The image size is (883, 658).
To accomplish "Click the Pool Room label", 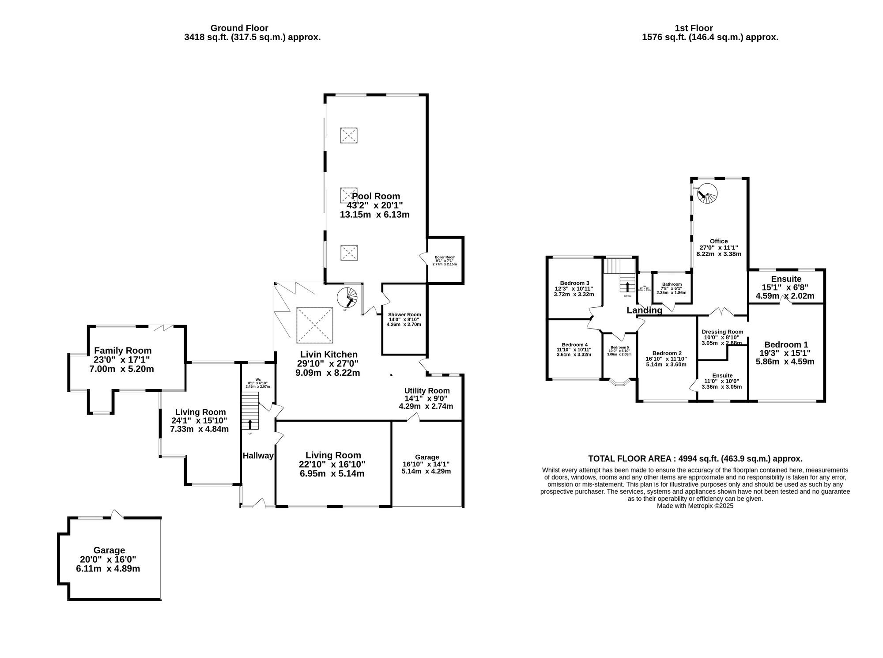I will tap(376, 196).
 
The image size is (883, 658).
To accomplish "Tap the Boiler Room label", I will tap(445, 257).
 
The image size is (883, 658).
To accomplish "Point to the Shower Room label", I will tap(404, 314).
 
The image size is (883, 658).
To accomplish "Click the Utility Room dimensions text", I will tap(426, 402).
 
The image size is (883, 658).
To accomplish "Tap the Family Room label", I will tap(123, 351).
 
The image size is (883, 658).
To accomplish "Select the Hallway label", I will tap(258, 456).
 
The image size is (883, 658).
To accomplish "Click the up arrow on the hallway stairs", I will tap(250, 424).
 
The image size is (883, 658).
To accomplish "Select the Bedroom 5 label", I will tap(619, 347).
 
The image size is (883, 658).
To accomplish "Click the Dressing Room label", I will tap(722, 332).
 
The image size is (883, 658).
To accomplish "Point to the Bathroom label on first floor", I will tap(672, 284).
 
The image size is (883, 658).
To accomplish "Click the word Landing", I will tap(644, 310).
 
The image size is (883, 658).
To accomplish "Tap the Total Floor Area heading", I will tap(695, 459).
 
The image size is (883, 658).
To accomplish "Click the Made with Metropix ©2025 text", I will tap(695, 506).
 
